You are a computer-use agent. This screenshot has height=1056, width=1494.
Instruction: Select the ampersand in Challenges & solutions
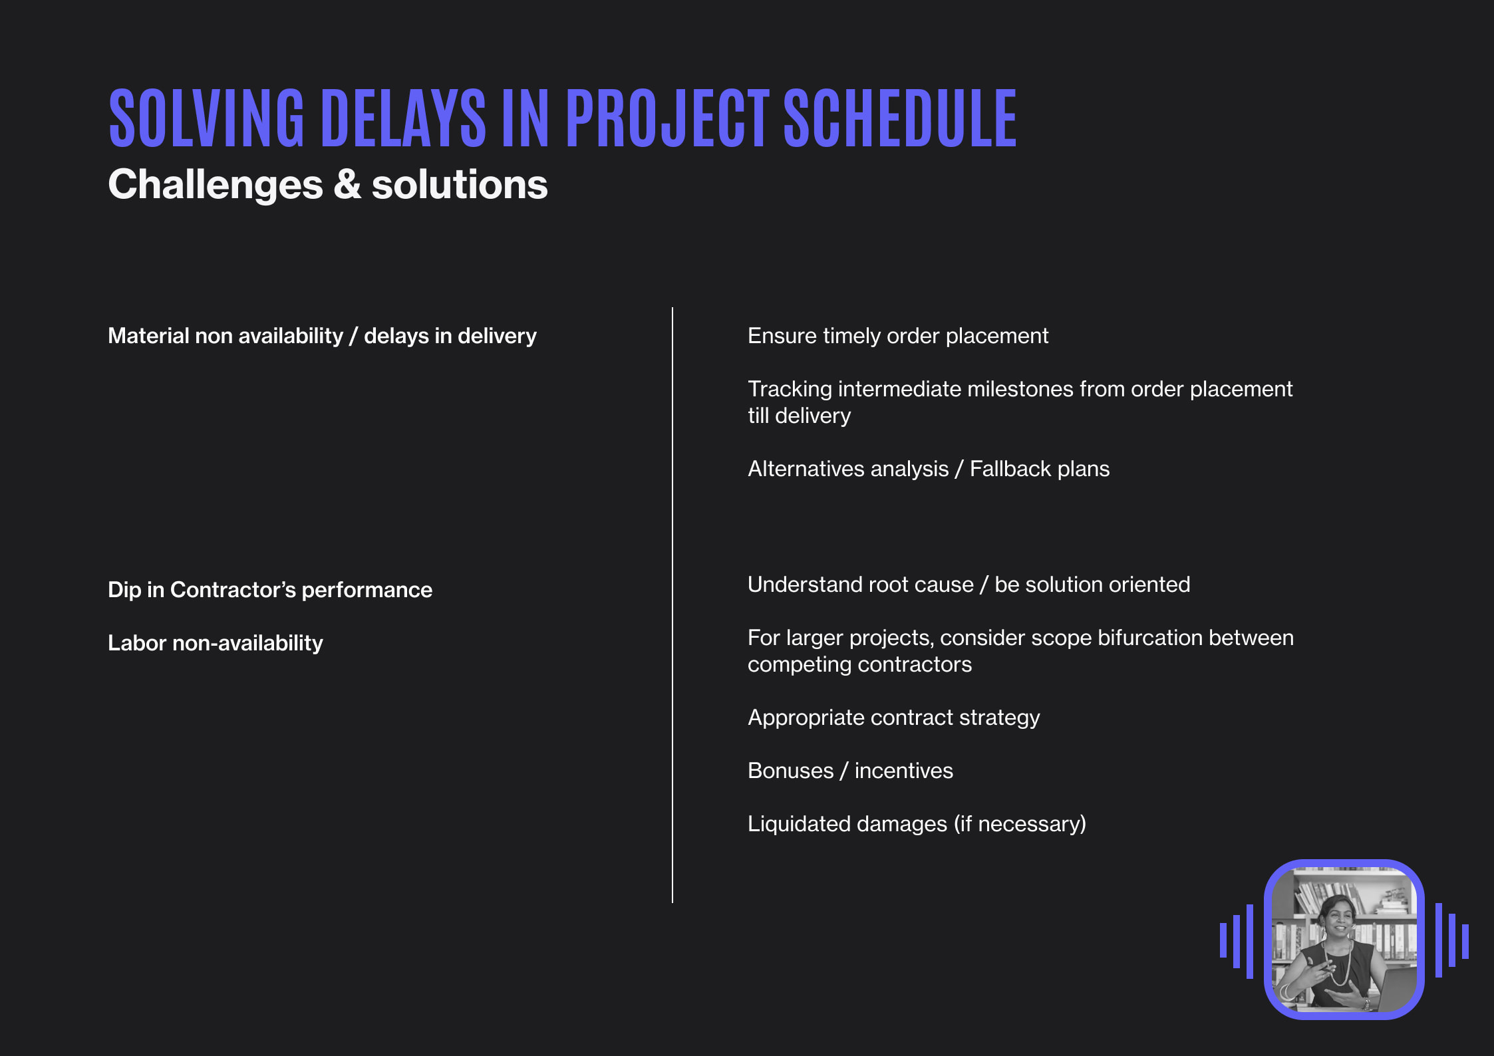(347, 185)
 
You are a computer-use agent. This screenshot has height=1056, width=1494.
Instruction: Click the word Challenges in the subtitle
(215, 185)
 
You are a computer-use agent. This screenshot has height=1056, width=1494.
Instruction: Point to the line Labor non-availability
(215, 643)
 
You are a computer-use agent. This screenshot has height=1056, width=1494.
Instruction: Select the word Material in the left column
(148, 336)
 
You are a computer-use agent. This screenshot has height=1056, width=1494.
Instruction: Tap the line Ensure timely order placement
(897, 336)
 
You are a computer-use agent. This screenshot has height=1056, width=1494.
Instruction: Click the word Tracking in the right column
(789, 389)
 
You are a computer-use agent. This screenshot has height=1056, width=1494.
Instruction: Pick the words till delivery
(799, 416)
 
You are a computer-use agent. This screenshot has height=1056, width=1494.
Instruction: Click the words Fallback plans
(1039, 469)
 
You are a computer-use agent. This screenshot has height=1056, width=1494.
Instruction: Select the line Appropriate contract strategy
(893, 718)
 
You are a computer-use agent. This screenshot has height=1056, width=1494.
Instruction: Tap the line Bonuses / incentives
(849, 771)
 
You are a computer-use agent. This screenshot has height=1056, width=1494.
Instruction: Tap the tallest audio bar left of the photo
(1250, 941)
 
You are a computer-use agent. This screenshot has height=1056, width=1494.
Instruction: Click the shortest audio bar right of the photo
(1465, 942)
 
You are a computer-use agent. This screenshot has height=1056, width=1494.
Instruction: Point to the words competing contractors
(859, 664)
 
